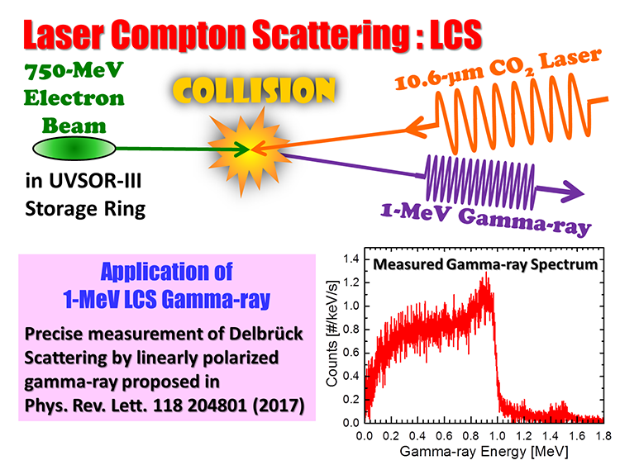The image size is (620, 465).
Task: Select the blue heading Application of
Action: pyautogui.click(x=169, y=272)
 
